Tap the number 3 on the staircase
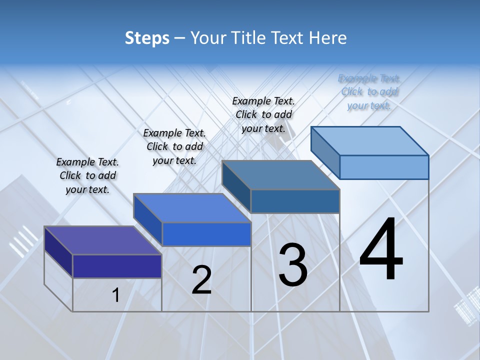(x=293, y=264)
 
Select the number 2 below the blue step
(x=202, y=279)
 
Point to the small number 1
(x=115, y=295)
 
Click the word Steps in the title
(x=147, y=38)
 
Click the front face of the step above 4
(x=384, y=167)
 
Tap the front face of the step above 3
(x=295, y=201)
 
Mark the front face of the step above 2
(x=206, y=234)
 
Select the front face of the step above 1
(x=117, y=266)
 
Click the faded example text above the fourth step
(x=369, y=91)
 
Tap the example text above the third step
(x=263, y=114)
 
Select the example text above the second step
(x=174, y=146)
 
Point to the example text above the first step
(x=87, y=175)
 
